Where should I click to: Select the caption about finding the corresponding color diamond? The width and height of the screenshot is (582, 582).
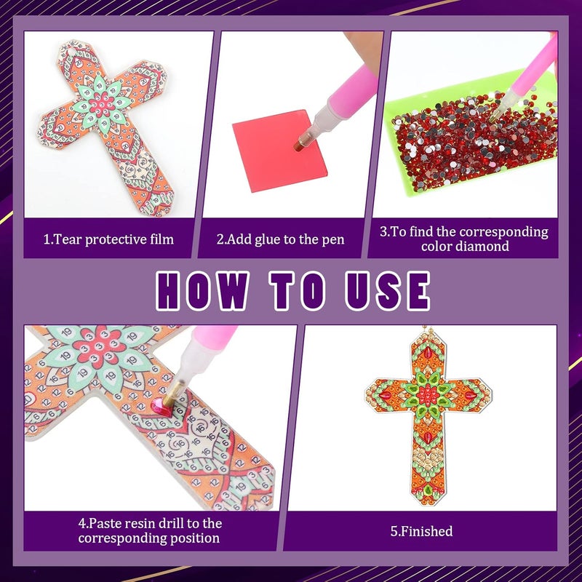point(463,239)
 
